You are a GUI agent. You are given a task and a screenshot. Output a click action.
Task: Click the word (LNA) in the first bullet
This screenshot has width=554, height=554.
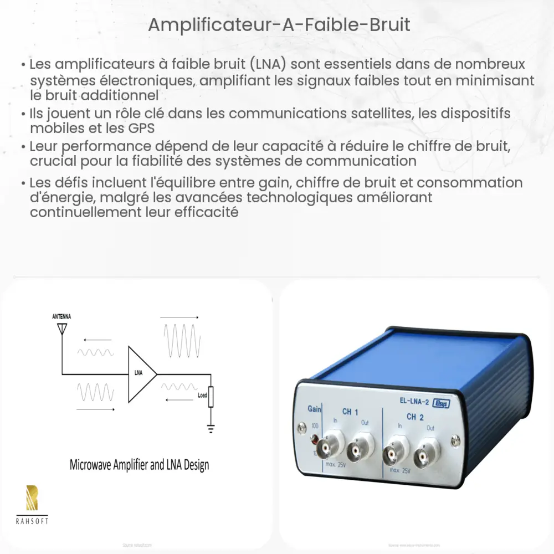[267, 65]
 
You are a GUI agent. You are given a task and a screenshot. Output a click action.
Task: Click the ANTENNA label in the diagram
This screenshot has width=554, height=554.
[61, 316]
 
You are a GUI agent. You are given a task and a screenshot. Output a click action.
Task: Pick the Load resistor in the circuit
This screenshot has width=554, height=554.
[211, 397]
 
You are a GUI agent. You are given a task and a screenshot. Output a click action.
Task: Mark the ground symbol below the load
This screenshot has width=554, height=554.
[211, 428]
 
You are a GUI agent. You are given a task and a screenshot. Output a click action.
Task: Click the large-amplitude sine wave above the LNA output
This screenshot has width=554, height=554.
[181, 343]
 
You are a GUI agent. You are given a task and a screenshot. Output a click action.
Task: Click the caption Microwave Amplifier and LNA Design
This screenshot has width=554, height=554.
[139, 464]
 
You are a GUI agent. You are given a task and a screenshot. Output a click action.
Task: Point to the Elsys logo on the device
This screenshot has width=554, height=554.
[442, 403]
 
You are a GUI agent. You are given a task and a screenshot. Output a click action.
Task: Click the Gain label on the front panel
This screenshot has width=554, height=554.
[315, 409]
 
